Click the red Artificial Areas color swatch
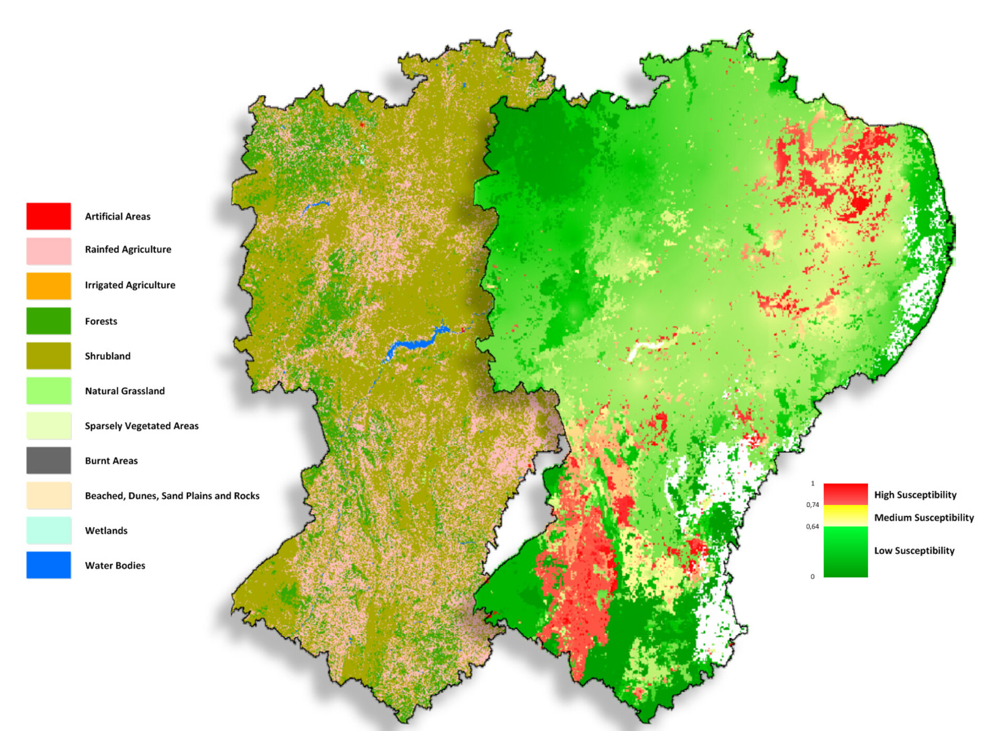tap(48, 216)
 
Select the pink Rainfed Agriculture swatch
tap(48, 250)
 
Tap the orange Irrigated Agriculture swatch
tap(48, 286)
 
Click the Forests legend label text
tap(101, 321)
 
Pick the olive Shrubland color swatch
tap(48, 355)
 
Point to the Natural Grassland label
tap(124, 391)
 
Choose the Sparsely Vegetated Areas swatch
tap(48, 425)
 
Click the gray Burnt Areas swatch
tap(48, 460)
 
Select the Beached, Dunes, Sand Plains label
tap(172, 496)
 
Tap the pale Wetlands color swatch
tap(48, 530)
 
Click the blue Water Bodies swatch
tap(48, 565)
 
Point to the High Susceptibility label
tap(915, 495)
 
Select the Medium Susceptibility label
tap(924, 518)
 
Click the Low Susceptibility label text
tap(914, 551)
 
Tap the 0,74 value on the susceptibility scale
tap(812, 505)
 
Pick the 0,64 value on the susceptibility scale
tap(812, 527)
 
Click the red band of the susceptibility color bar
tap(845, 493)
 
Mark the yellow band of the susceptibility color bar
tap(845, 515)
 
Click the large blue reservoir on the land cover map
tap(414, 344)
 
